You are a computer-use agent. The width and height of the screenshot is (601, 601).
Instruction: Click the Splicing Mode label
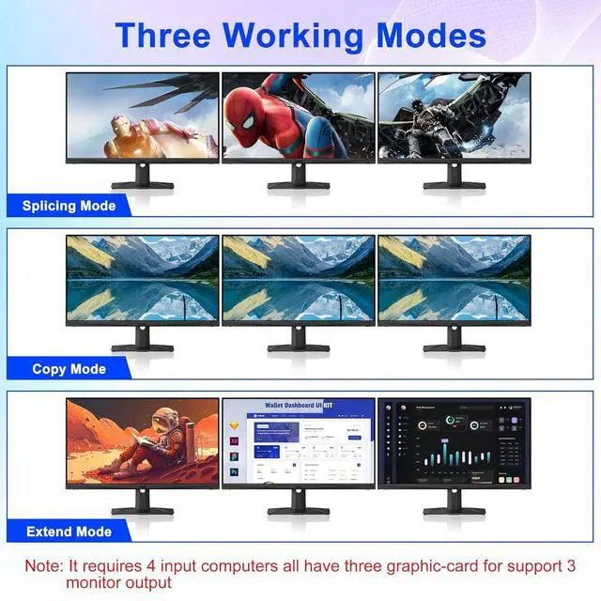pyautogui.click(x=69, y=206)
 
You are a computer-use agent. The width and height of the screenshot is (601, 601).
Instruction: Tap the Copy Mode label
pyautogui.click(x=69, y=369)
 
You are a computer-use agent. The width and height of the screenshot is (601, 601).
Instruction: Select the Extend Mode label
pyautogui.click(x=69, y=532)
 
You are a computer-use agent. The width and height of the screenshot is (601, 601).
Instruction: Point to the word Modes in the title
pyautogui.click(x=431, y=36)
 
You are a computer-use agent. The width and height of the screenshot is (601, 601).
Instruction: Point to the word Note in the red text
pyautogui.click(x=43, y=566)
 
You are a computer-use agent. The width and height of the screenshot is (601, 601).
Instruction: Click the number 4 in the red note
pyautogui.click(x=186, y=566)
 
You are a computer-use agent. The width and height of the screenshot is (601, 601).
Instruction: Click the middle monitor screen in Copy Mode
pyautogui.click(x=298, y=279)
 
